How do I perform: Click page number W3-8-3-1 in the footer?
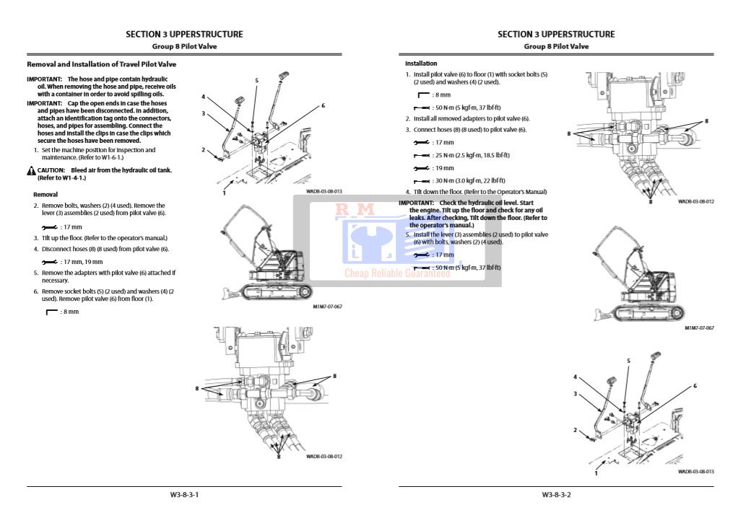pos(184,495)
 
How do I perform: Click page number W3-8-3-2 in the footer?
pos(556,495)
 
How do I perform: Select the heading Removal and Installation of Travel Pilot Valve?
pos(101,64)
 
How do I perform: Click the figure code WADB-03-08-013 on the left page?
pos(324,192)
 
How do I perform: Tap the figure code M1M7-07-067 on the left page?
pos(327,307)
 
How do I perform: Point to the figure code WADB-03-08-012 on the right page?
pos(695,202)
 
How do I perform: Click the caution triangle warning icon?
pos(31,171)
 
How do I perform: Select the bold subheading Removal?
pos(45,195)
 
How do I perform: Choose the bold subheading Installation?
pos(421,64)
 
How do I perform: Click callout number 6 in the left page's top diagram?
pos(323,105)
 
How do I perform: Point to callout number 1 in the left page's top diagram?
pos(224,193)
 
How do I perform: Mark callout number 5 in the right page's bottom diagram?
pos(628,361)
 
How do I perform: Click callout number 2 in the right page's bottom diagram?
pos(576,430)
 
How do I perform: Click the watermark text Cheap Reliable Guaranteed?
pos(396,273)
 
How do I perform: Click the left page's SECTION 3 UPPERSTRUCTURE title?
pos(184,34)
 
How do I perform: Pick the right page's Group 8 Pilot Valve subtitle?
pos(556,46)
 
